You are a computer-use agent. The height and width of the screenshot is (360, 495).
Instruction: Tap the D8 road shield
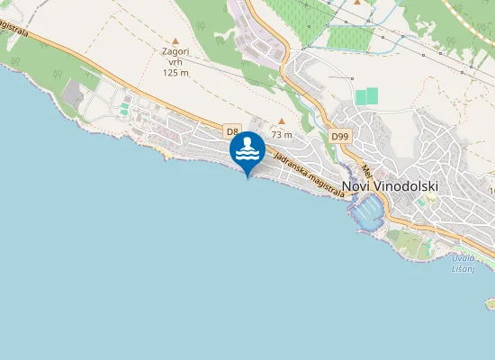click(232, 130)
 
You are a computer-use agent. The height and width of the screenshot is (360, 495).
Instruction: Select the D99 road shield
click(338, 136)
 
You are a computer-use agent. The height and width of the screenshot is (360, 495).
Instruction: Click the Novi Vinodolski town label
click(390, 186)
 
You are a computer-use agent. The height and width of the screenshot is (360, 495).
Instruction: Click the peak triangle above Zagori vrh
click(175, 40)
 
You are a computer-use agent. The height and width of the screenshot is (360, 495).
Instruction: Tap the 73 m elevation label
click(282, 135)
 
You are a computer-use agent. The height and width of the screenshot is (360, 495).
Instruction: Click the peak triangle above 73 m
click(282, 121)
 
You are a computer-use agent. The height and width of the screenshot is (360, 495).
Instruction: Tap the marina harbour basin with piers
click(368, 212)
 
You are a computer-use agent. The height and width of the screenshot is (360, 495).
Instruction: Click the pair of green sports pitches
click(366, 96)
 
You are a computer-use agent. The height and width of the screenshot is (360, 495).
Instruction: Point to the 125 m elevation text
click(175, 72)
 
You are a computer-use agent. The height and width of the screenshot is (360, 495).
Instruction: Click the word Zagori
click(175, 52)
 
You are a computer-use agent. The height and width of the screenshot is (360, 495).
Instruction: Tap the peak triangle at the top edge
click(357, 3)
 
